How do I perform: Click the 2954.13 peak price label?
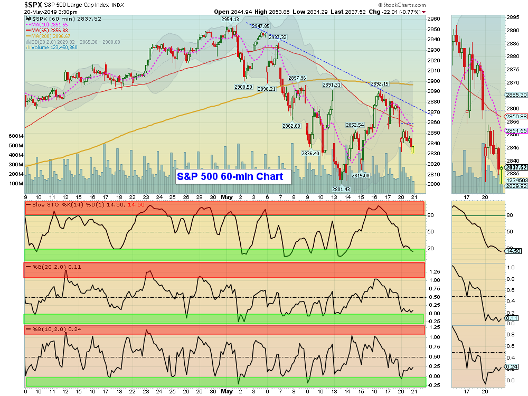click(230, 20)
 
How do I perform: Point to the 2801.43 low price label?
click(341, 189)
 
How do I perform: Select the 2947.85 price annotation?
click(261, 26)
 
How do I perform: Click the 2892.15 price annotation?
click(379, 83)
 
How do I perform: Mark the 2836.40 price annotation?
click(310, 153)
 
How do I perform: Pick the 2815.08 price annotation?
click(360, 175)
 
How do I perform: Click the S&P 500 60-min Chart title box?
click(233, 176)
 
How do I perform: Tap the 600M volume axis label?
click(16, 136)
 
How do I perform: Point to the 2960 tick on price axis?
click(433, 18)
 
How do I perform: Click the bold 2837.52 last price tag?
click(516, 167)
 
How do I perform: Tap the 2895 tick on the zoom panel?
click(512, 17)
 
